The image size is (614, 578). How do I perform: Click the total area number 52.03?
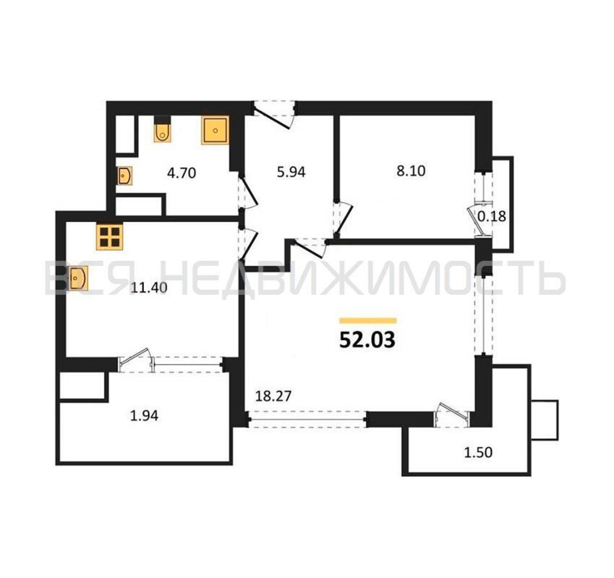tap(367, 340)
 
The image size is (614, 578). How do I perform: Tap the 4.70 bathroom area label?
tap(182, 173)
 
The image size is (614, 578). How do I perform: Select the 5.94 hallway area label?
tap(291, 172)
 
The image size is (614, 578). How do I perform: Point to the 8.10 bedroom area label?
tap(411, 171)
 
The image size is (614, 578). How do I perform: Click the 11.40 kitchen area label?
tap(149, 288)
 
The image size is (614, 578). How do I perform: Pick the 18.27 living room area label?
tap(273, 396)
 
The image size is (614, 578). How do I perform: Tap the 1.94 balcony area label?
tap(144, 416)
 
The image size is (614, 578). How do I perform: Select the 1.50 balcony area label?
tap(478, 453)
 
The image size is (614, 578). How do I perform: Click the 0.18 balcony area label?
tap(492, 216)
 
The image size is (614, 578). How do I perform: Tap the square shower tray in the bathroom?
tap(215, 130)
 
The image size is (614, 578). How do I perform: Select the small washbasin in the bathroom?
tap(125, 176)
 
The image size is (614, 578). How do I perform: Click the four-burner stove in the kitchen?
tap(110, 236)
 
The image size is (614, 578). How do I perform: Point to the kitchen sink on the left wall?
tap(77, 278)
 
